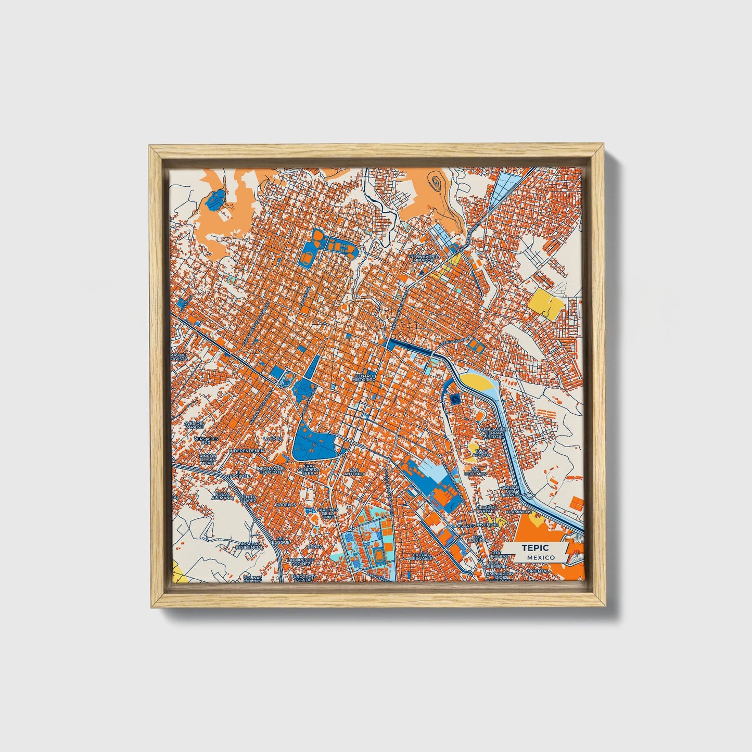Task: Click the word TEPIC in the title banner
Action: [532, 548]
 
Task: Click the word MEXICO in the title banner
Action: [540, 557]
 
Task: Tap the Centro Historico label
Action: [364, 377]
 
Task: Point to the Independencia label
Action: [247, 450]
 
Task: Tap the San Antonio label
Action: [353, 471]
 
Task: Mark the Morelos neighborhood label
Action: [285, 505]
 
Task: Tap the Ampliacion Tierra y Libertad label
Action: [493, 432]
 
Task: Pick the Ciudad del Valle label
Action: [422, 556]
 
